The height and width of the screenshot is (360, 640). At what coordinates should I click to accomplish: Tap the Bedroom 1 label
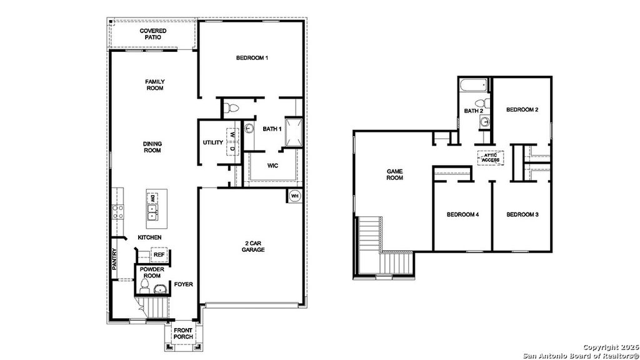pyautogui.click(x=252, y=59)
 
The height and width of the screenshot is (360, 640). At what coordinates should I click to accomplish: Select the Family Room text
pyautogui.click(x=154, y=85)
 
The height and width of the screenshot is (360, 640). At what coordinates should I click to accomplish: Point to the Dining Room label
pyautogui.click(x=152, y=147)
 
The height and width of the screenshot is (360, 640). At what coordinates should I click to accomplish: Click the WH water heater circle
pyautogui.click(x=295, y=196)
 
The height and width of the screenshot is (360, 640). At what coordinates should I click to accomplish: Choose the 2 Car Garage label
pyautogui.click(x=254, y=246)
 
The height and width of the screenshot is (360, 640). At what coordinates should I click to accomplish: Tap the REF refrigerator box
pyautogui.click(x=159, y=255)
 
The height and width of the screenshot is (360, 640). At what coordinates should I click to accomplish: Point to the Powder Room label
pyautogui.click(x=152, y=273)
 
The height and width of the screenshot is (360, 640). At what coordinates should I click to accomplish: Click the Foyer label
pyautogui.click(x=183, y=284)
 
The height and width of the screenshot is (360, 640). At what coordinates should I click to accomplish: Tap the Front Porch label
pyautogui.click(x=183, y=334)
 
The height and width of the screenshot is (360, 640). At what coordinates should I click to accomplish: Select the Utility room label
pyautogui.click(x=212, y=142)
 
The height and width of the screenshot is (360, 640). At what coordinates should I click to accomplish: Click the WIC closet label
pyautogui.click(x=272, y=166)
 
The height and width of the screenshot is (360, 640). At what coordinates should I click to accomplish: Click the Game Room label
pyautogui.click(x=394, y=174)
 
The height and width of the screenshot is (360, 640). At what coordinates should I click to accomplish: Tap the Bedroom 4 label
pyautogui.click(x=462, y=215)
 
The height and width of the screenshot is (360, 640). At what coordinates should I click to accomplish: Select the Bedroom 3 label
pyautogui.click(x=522, y=215)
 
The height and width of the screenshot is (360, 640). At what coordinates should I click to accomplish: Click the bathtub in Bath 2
pyautogui.click(x=473, y=86)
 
